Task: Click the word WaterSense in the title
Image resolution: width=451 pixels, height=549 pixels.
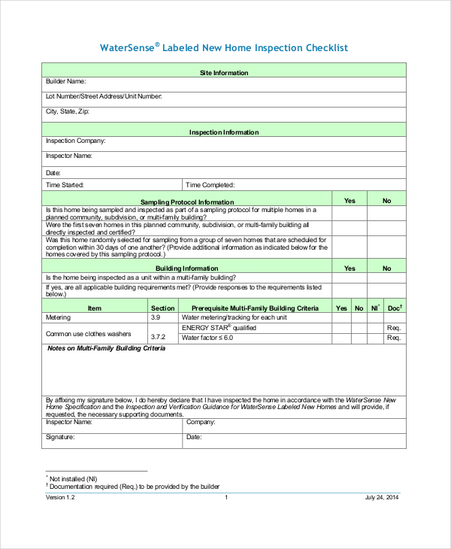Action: coord(128,48)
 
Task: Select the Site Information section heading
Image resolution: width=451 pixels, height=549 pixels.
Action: coord(224,73)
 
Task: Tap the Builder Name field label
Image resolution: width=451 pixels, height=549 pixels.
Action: coord(65,81)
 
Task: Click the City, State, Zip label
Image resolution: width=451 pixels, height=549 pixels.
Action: coord(67,111)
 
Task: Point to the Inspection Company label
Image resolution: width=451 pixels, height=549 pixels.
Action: coord(75,141)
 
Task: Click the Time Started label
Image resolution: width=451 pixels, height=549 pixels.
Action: coord(65,184)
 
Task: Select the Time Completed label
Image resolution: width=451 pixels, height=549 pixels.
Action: coord(210,184)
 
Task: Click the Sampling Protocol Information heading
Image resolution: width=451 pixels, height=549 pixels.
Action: coord(187,202)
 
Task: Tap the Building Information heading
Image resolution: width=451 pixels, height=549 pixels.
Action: coord(187,268)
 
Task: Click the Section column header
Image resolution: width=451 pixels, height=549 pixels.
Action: coord(163,308)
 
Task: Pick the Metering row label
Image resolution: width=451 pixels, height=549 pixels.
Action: coord(59,318)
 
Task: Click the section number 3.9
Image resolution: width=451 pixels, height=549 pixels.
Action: coord(156,318)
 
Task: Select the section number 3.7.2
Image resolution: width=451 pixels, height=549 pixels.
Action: coord(158,338)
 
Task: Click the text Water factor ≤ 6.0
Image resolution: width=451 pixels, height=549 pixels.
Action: coord(207,338)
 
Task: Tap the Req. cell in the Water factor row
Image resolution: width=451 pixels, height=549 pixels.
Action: coord(394,338)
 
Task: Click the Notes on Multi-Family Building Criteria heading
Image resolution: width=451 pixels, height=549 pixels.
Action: coord(106,348)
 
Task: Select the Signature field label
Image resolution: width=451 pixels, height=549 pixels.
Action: coord(60,437)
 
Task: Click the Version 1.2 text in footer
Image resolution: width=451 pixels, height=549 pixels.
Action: coord(60,498)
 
